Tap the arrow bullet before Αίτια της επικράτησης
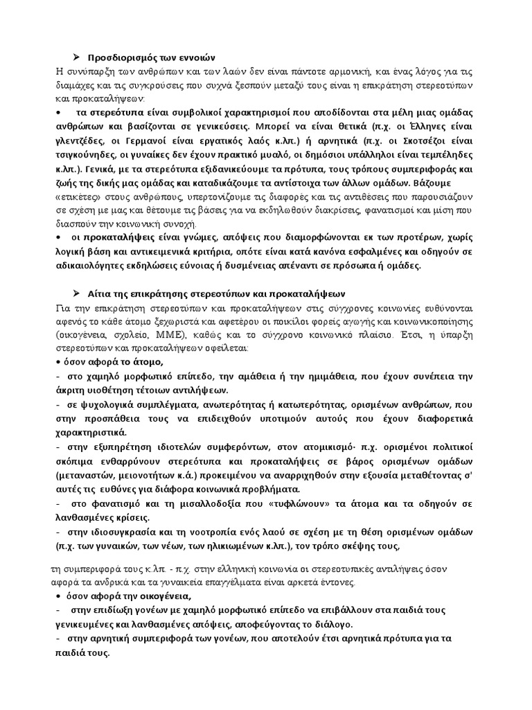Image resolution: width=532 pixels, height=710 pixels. tap(78, 293)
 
